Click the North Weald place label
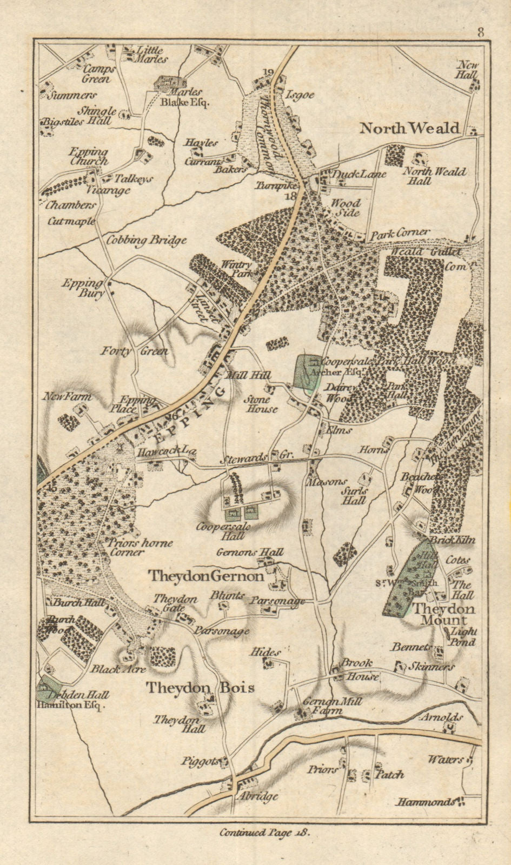tap(409, 128)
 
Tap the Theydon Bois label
tap(200, 688)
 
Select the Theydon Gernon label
tap(207, 576)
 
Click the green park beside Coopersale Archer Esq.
tap(306, 372)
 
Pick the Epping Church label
tap(89, 157)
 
